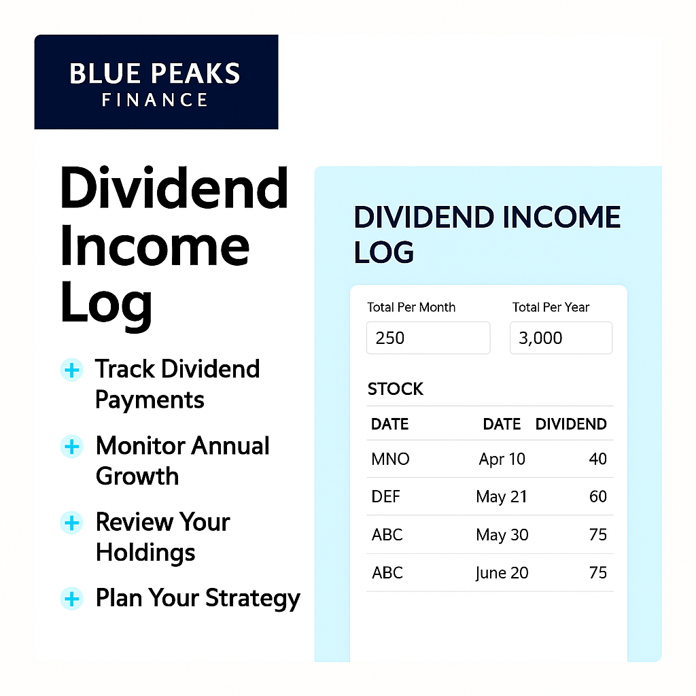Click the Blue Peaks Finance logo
[156, 82]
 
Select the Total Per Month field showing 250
[428, 338]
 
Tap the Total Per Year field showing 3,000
[561, 338]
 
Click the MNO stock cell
[390, 459]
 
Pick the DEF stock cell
[386, 496]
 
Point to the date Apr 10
[502, 459]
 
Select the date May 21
[502, 497]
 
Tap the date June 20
[502, 573]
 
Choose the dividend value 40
[598, 459]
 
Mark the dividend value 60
[598, 496]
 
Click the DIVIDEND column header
[571, 424]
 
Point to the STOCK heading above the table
[395, 389]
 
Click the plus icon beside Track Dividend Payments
[71, 370]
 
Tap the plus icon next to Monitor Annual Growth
[71, 447]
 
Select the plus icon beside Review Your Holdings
[71, 523]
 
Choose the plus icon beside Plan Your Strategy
[71, 599]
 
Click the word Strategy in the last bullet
[253, 599]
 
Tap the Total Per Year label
[551, 307]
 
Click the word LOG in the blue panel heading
[384, 252]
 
